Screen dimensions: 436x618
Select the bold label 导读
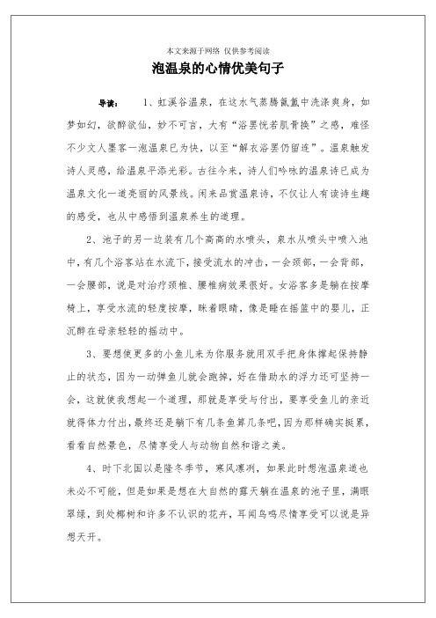point(111,104)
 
